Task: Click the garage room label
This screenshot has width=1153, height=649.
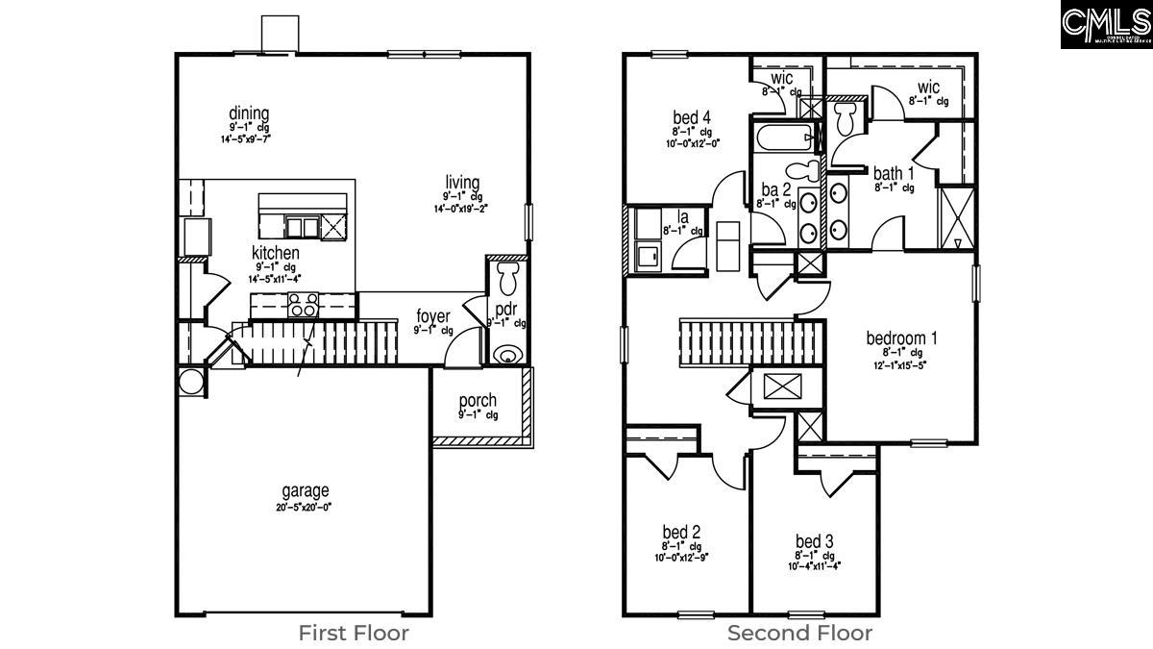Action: pos(305,491)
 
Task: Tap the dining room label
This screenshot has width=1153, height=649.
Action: pos(249,113)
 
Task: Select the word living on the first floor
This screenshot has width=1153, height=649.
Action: pos(462,183)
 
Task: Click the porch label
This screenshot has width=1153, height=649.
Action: pos(478,400)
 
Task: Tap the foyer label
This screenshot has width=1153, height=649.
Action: pos(433,316)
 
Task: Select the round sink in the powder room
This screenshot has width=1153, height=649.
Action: pos(506,357)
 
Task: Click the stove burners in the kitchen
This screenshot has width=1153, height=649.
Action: pos(304,307)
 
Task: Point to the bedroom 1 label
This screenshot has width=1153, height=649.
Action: pos(900,338)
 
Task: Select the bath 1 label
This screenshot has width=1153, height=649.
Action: pos(894,174)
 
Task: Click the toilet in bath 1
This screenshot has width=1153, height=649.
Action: pos(846,119)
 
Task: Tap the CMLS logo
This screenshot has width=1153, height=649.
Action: pos(1106,25)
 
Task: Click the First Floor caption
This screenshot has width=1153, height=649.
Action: pos(353,633)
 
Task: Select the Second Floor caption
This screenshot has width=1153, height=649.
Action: pos(799,633)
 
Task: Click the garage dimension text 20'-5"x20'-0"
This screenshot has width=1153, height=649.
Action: pos(305,508)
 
